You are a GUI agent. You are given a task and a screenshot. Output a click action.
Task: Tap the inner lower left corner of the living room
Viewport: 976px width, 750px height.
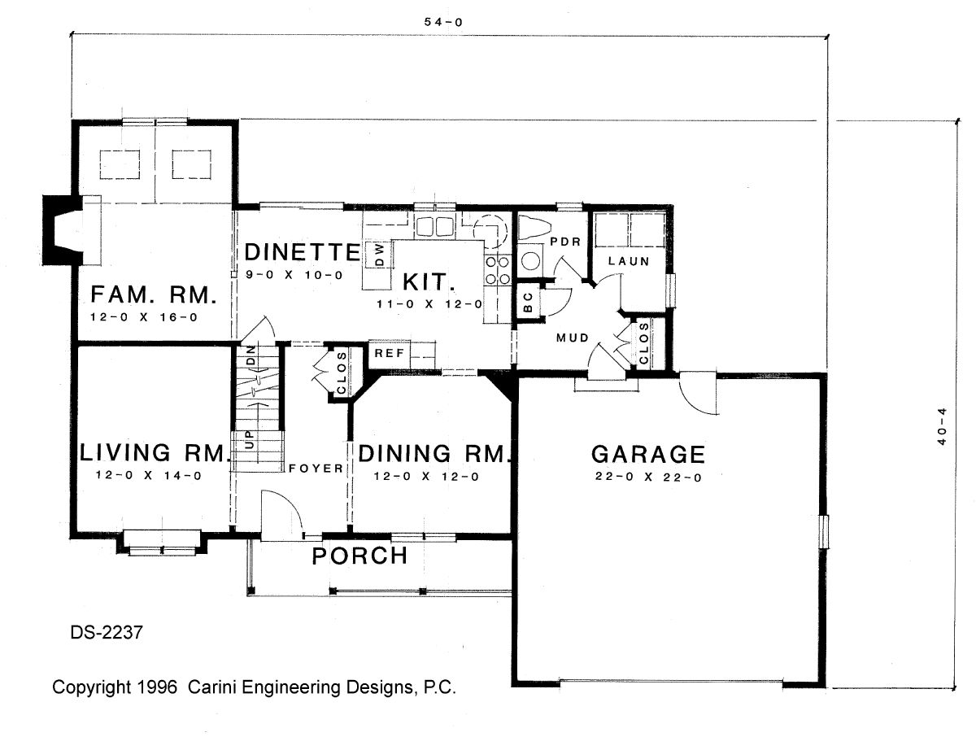[77, 533]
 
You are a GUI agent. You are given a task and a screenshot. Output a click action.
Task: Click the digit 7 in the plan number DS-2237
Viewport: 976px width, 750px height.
[138, 633]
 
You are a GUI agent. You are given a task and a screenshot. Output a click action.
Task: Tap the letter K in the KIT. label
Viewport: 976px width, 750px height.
[411, 282]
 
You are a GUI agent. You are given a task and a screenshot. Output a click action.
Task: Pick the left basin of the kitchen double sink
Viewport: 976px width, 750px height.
[424, 227]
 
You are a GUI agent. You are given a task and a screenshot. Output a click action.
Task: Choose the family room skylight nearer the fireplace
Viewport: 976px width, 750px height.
[120, 164]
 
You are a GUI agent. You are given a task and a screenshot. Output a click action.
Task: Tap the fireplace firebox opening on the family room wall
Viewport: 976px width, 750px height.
[63, 230]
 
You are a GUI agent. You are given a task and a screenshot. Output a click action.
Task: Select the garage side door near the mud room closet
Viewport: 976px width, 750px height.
[699, 394]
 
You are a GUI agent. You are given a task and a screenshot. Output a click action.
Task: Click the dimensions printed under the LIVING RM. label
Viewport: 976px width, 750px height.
[149, 476]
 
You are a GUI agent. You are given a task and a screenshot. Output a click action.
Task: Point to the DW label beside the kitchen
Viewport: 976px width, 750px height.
[380, 255]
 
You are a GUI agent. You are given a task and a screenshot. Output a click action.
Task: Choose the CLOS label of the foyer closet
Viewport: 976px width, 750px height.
[342, 373]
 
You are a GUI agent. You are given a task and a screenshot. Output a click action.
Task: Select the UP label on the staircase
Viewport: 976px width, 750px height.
[250, 440]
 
